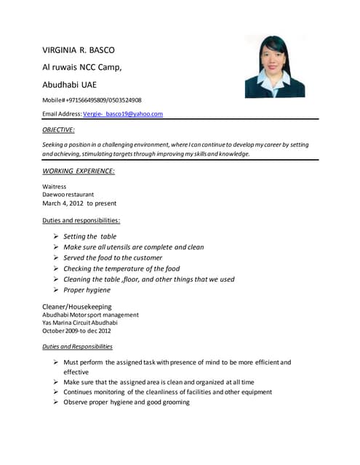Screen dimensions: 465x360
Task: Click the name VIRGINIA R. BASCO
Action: pyautogui.click(x=79, y=50)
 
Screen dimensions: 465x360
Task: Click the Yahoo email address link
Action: pyautogui.click(x=123, y=114)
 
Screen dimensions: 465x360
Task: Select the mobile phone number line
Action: pyautogui.click(x=92, y=100)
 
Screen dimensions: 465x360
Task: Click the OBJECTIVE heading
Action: pyautogui.click(x=59, y=129)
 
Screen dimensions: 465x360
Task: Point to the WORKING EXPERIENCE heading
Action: pyautogui.click(x=79, y=171)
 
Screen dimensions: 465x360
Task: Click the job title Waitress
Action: pyautogui.click(x=55, y=187)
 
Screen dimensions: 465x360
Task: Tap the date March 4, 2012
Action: pyautogui.click(x=79, y=203)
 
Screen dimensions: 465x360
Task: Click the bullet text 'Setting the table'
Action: pyautogui.click(x=89, y=237)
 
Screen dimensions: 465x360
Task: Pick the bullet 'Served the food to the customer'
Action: pyautogui.click(x=113, y=258)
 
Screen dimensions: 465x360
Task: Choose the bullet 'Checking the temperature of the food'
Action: pyautogui.click(x=121, y=269)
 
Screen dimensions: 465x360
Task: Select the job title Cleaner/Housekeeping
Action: pyautogui.click(x=77, y=307)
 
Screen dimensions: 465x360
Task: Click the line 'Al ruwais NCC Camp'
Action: pyautogui.click(x=81, y=67)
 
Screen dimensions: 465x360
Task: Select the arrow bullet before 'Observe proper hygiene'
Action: pyautogui.click(x=56, y=402)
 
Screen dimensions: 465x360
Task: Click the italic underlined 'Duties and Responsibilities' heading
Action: pyautogui.click(x=78, y=347)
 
